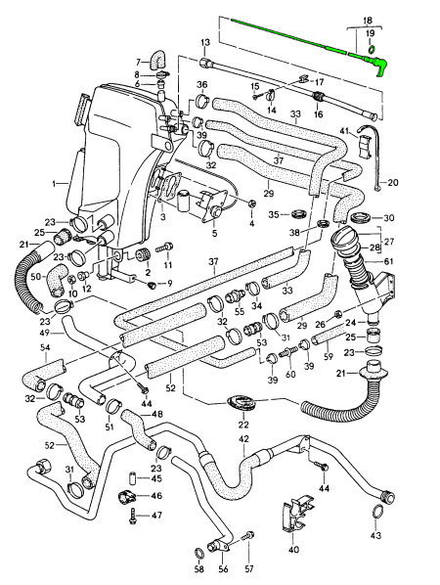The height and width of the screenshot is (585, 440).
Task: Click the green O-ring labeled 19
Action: tap(371, 49)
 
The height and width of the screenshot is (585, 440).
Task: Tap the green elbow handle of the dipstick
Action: tap(379, 66)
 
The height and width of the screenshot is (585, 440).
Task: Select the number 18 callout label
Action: tap(367, 21)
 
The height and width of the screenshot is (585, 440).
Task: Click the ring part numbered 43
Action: tap(377, 511)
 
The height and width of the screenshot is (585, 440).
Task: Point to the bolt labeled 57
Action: tap(248, 536)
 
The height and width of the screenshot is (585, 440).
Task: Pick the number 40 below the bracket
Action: tap(294, 549)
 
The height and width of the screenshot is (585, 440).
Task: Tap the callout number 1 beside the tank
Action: tap(54, 183)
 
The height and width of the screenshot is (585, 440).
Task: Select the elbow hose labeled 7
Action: tap(157, 61)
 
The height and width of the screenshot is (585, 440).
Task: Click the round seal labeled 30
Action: tap(362, 217)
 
